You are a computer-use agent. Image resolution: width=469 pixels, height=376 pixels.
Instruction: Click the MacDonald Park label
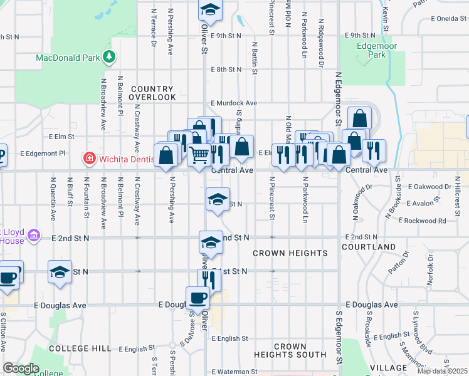68,58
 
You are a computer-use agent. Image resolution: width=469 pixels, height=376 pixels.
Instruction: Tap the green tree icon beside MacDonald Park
110,57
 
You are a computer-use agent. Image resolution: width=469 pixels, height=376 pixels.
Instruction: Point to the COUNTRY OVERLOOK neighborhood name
152,93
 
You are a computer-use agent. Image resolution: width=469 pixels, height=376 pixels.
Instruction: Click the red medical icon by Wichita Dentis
90,159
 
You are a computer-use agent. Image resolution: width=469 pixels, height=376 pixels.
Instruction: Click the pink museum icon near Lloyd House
34,236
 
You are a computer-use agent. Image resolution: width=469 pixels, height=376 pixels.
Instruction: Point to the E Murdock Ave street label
234,103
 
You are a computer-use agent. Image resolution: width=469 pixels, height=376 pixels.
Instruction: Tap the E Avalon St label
426,204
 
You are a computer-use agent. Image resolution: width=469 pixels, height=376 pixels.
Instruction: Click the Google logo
21,369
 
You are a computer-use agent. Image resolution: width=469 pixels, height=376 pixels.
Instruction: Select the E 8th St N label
226,70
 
